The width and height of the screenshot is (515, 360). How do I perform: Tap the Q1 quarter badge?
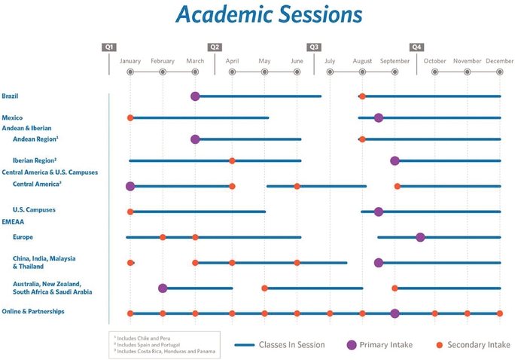[x=109, y=47]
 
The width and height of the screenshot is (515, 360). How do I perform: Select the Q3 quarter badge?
[x=315, y=47]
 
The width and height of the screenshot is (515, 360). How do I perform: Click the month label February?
[x=162, y=60]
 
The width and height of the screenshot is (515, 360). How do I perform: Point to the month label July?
[x=330, y=60]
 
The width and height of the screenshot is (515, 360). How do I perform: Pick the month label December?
[x=499, y=60]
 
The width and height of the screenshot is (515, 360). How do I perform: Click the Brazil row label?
[x=11, y=96]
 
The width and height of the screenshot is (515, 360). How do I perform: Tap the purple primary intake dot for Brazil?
[x=195, y=96]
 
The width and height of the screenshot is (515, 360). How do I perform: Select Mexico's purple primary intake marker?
[x=379, y=117]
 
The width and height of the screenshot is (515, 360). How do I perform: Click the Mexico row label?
[x=12, y=117]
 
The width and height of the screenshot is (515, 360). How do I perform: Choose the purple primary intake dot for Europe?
[x=420, y=237]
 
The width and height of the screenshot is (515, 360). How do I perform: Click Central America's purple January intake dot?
[x=130, y=186]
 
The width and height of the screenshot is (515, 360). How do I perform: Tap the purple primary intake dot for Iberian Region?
[x=395, y=160]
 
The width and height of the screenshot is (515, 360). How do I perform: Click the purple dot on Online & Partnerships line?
[x=395, y=313]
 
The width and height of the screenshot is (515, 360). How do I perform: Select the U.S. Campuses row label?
[x=34, y=209]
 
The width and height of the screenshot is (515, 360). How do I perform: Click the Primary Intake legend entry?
[x=388, y=345]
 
